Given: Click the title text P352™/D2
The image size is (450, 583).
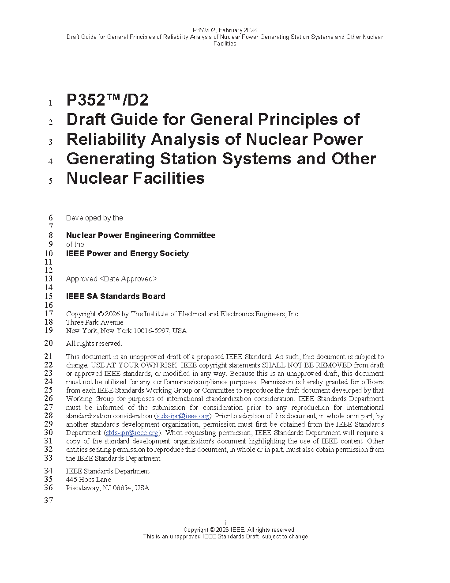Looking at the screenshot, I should (x=107, y=100).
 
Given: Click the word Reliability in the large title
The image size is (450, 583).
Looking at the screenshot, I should (x=105, y=140).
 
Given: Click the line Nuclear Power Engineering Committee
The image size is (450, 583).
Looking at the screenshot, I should (x=141, y=235).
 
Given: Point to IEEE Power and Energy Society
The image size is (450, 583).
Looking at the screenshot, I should (x=127, y=254).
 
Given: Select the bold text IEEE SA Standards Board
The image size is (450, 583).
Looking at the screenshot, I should (x=116, y=296).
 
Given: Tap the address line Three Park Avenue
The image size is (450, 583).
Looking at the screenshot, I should (x=94, y=322).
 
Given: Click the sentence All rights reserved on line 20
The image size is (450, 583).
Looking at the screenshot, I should (x=94, y=344).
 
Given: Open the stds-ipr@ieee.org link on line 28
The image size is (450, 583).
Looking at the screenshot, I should (x=183, y=416).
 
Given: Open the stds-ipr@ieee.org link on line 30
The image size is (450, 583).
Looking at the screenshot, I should (x=132, y=433).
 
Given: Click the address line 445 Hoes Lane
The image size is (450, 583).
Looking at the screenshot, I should (x=88, y=480).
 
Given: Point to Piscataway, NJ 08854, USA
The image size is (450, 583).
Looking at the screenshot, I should (x=108, y=488).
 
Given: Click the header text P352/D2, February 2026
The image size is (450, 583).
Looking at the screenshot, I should (x=225, y=30).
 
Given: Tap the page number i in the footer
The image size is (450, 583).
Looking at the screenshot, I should (x=225, y=523).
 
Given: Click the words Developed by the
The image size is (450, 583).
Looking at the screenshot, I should (x=94, y=218).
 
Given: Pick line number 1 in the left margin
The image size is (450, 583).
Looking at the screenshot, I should (x=51, y=103).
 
